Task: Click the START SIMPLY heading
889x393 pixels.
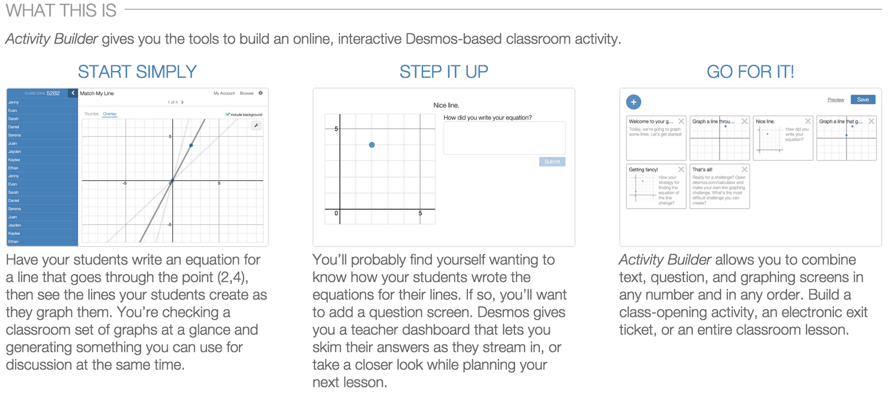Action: click(137, 72)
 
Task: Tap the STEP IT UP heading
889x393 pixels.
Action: click(443, 72)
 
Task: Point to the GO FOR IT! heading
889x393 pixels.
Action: click(750, 72)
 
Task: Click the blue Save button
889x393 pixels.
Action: click(863, 100)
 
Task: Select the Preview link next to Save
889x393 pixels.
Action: click(835, 100)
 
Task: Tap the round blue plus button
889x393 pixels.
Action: click(633, 102)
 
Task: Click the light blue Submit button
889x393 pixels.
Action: click(552, 162)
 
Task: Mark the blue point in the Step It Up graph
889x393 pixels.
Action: click(372, 145)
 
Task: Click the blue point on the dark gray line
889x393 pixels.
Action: click(191, 145)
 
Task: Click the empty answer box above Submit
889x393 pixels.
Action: click(504, 138)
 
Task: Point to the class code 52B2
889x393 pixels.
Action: click(53, 93)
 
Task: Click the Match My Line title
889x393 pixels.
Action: click(97, 93)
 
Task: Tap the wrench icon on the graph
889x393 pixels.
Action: click(256, 125)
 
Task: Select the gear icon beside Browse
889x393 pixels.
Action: click(261, 93)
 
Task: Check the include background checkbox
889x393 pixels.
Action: click(228, 114)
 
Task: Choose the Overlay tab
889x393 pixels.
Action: click(110, 114)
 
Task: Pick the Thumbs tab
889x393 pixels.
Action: click(91, 114)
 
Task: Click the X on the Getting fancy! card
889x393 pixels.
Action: click(681, 169)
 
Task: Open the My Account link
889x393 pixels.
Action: click(224, 93)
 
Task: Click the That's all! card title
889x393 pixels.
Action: click(702, 170)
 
